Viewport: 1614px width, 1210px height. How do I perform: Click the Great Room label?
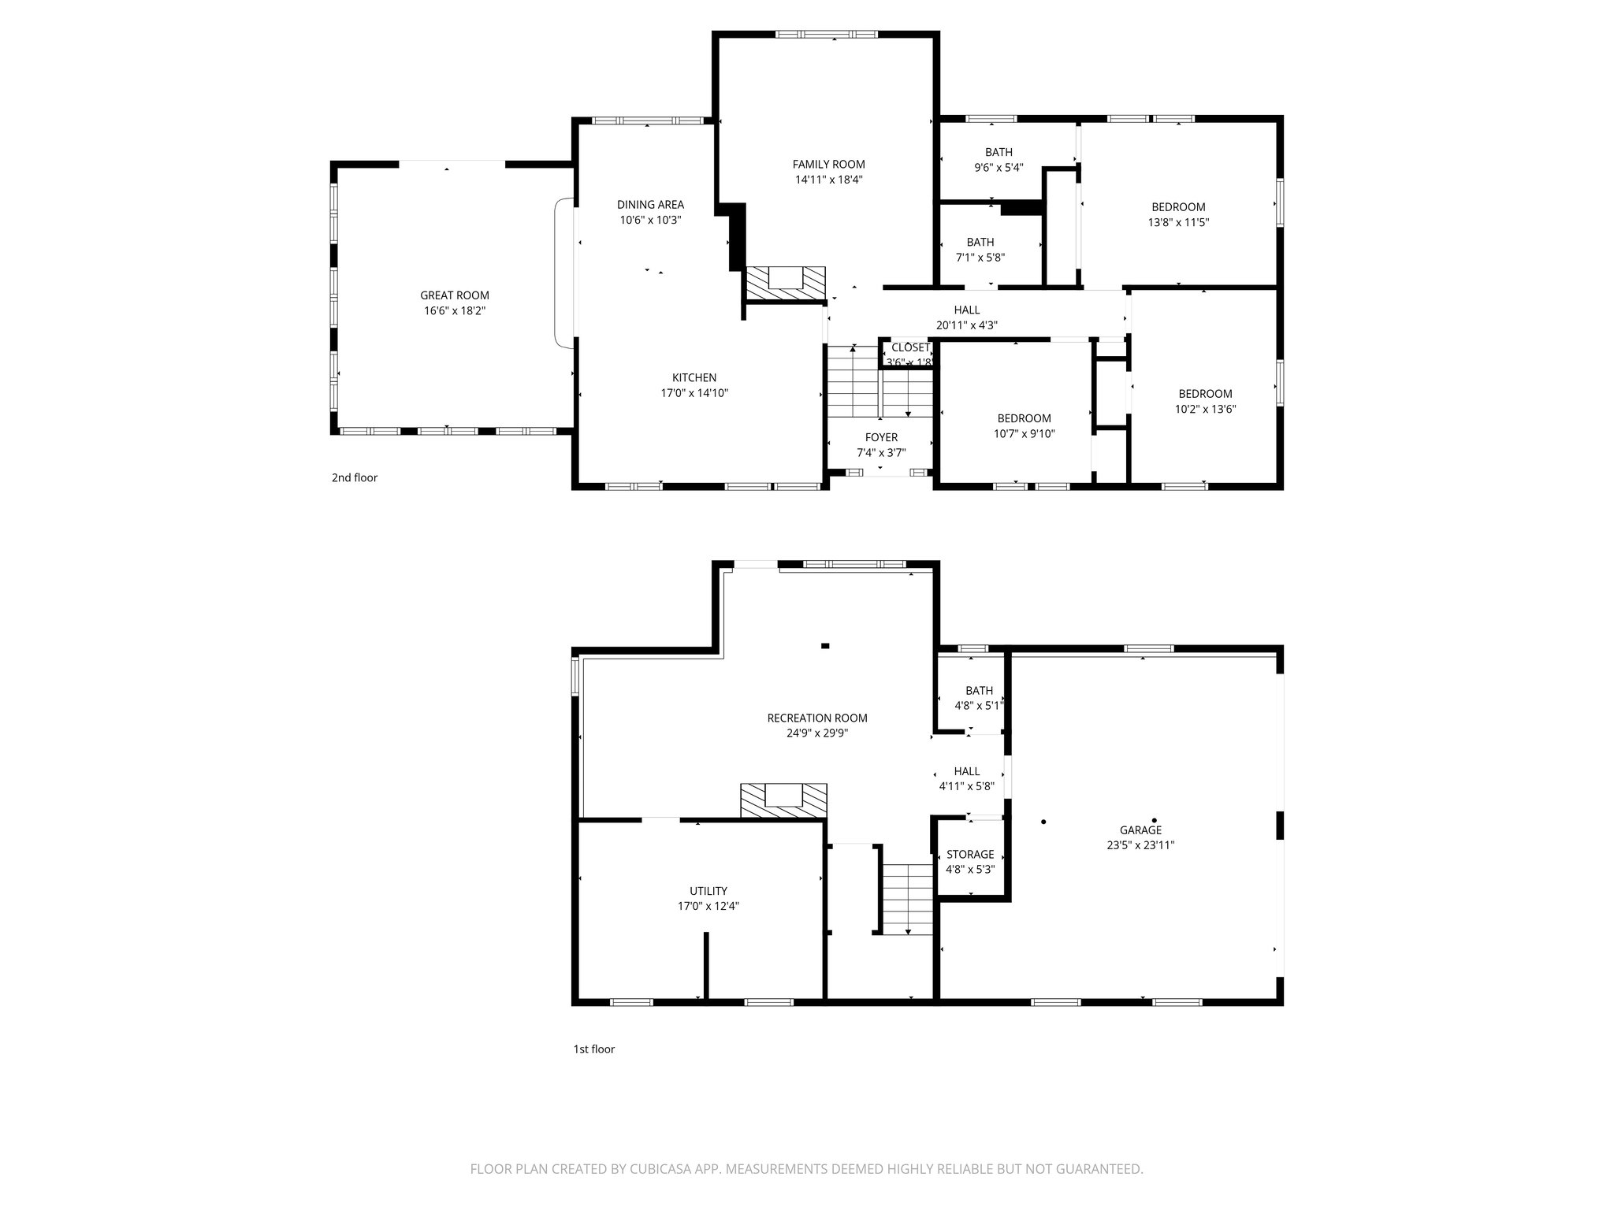455,295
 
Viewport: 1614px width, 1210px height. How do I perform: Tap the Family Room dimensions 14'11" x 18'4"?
828,180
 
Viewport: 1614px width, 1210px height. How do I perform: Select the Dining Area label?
650,205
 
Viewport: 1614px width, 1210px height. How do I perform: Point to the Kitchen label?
694,377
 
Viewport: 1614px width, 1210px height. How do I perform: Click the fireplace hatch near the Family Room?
785,283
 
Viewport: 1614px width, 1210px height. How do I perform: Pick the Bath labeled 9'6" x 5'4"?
999,152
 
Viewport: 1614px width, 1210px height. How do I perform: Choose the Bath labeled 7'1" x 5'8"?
980,242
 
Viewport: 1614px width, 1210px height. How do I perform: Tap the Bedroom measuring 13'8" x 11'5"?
1178,207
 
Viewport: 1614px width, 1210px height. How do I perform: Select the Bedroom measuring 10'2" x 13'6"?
1205,394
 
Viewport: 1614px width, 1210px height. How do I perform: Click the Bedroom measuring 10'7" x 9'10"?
1024,418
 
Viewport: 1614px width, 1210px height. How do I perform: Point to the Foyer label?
880,437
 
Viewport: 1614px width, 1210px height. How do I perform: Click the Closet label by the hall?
910,347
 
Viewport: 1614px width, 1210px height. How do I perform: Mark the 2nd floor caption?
355,477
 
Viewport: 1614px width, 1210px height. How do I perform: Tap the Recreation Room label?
816,718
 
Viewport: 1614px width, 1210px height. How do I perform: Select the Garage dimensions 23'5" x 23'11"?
1140,845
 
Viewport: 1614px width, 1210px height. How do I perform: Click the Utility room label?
708,891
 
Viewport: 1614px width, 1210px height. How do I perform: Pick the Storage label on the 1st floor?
969,855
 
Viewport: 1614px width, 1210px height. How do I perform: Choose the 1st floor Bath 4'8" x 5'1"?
979,691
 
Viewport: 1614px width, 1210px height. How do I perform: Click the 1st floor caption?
593,1049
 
